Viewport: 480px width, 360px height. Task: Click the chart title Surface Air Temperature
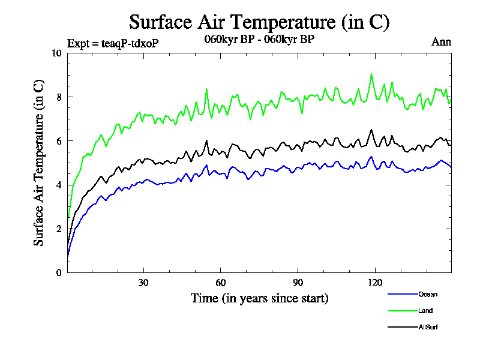point(260,22)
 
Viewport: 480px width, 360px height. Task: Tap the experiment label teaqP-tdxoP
point(112,43)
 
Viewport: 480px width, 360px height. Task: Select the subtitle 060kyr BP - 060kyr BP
point(260,40)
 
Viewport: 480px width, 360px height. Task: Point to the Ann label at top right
point(441,42)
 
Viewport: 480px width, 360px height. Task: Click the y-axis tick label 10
point(57,53)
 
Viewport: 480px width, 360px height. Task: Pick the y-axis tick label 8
point(59,97)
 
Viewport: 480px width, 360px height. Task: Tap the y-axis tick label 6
point(59,141)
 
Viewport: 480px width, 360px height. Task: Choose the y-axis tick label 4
point(59,185)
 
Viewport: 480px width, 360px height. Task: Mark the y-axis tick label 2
point(59,229)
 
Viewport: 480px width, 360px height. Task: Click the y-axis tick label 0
point(59,272)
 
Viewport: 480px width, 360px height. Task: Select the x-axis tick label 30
point(143,283)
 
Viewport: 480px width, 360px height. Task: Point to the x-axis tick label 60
point(220,283)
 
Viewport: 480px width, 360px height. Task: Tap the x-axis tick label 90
point(298,283)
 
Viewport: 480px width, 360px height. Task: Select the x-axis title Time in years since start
point(260,298)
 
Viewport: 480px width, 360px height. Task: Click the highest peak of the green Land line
point(371,74)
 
